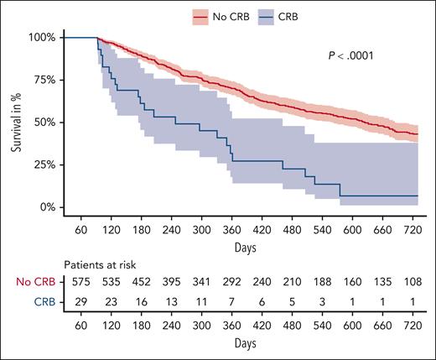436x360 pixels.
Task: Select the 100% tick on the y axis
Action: coord(41,38)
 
